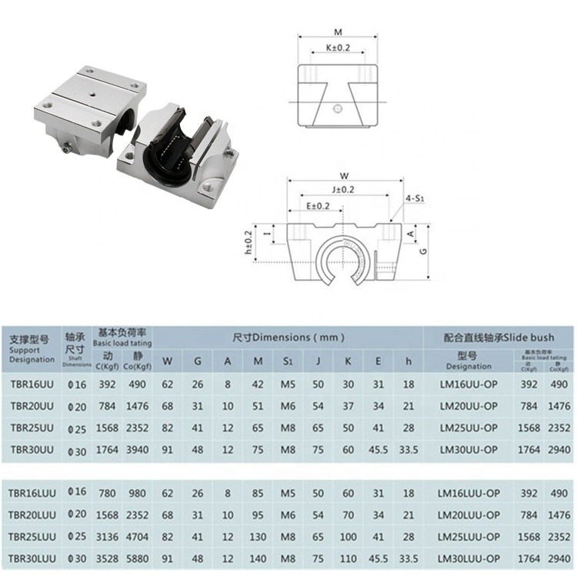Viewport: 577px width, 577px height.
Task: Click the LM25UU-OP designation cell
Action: point(469,427)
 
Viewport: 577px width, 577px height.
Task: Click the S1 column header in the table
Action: point(288,360)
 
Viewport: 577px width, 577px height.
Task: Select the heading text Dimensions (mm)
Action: point(288,337)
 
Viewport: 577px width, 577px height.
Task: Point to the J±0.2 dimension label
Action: point(343,188)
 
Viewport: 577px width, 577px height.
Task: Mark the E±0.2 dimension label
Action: point(317,206)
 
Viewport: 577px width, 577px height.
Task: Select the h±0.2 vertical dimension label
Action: point(248,242)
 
